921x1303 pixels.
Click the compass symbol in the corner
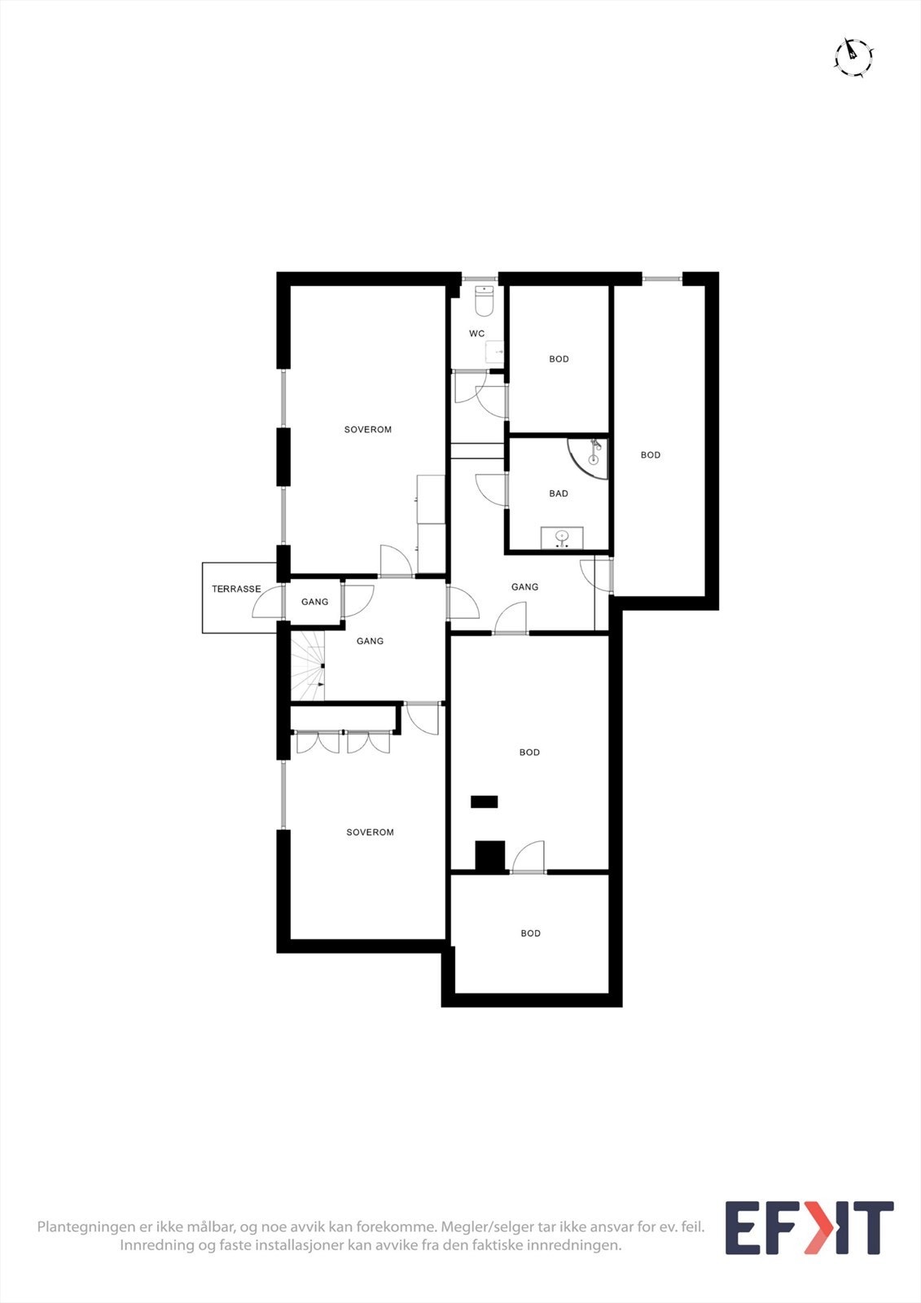(x=853, y=57)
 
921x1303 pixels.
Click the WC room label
(x=476, y=334)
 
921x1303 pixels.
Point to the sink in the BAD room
(x=562, y=537)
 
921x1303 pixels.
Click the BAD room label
(x=559, y=494)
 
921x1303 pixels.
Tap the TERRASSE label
(x=236, y=589)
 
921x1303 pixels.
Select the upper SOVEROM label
(x=368, y=430)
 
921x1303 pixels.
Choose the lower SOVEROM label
(x=370, y=832)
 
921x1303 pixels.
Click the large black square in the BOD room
(x=490, y=856)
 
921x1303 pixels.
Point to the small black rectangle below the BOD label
(x=484, y=801)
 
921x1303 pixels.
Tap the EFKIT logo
(x=809, y=1228)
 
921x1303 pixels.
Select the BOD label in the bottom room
(x=530, y=933)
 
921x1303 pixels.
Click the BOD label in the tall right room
(x=651, y=455)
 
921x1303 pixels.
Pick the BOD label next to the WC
(x=559, y=359)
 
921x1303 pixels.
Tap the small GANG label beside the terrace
(x=314, y=603)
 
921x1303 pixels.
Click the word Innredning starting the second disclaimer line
(x=157, y=1245)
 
